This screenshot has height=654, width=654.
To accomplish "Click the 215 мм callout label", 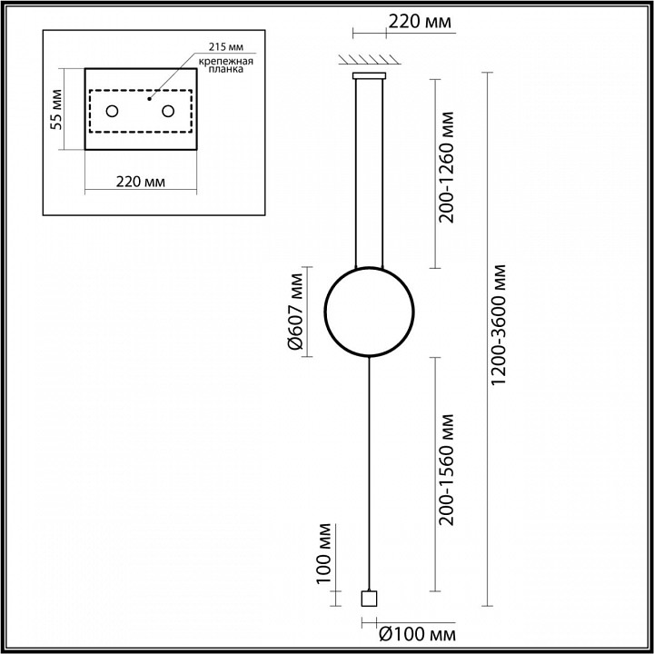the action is [225, 46].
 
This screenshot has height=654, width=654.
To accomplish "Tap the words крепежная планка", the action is [225, 65].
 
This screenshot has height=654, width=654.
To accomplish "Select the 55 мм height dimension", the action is [56, 109].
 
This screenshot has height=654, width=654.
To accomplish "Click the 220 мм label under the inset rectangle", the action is [141, 182].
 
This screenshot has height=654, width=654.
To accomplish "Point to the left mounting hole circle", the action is [113, 112].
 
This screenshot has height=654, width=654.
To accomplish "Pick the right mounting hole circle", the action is [168, 112].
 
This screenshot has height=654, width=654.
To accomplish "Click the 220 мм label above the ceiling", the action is [420, 21].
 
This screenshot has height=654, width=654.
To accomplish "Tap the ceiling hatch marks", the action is [370, 59].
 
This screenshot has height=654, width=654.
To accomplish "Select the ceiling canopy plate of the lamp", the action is [369, 75].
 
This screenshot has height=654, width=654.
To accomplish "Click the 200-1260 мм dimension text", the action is [446, 167].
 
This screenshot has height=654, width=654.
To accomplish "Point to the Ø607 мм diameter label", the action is [297, 312].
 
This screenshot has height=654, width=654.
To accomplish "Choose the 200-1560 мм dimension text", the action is [446, 470].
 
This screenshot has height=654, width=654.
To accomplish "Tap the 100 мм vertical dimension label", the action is [323, 553].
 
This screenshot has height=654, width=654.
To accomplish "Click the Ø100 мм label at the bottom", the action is [417, 635].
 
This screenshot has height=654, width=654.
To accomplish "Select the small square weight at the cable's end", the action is [369, 599].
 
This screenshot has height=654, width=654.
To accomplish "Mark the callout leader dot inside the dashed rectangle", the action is [149, 99].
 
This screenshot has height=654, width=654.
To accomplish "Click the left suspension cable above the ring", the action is [356, 173].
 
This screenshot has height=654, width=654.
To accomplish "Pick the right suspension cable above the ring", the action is [382, 173].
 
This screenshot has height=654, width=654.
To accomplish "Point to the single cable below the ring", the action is [369, 474].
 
